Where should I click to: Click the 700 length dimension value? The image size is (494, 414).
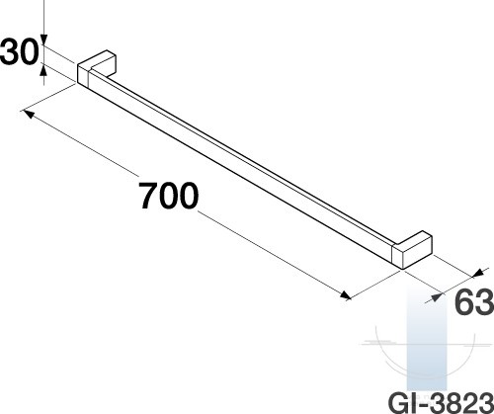coord(168,196)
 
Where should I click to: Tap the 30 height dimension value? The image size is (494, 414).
coord(20,51)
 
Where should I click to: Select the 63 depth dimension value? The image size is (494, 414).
coord(474,302)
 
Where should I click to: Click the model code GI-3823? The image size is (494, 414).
coord(441,403)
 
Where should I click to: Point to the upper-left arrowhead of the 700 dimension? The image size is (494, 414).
coord(29,115)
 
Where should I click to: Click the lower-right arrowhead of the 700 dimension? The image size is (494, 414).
coord(345,295)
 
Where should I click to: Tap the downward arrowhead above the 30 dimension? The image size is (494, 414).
coord(44,40)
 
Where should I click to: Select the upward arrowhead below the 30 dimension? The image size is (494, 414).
coord(43,70)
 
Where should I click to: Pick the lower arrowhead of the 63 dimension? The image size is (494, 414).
coord(435,297)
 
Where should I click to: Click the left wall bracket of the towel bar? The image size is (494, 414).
coord(97,67)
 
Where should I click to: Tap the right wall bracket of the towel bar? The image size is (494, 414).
coord(412,250)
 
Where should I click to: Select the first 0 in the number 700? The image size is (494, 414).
coord(168,196)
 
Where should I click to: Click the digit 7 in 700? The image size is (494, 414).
coord(148,196)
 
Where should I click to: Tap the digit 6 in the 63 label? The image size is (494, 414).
coord(464,302)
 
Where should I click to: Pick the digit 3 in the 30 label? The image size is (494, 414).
coord(10,51)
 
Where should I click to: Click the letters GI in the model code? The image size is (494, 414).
coord(402,403)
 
